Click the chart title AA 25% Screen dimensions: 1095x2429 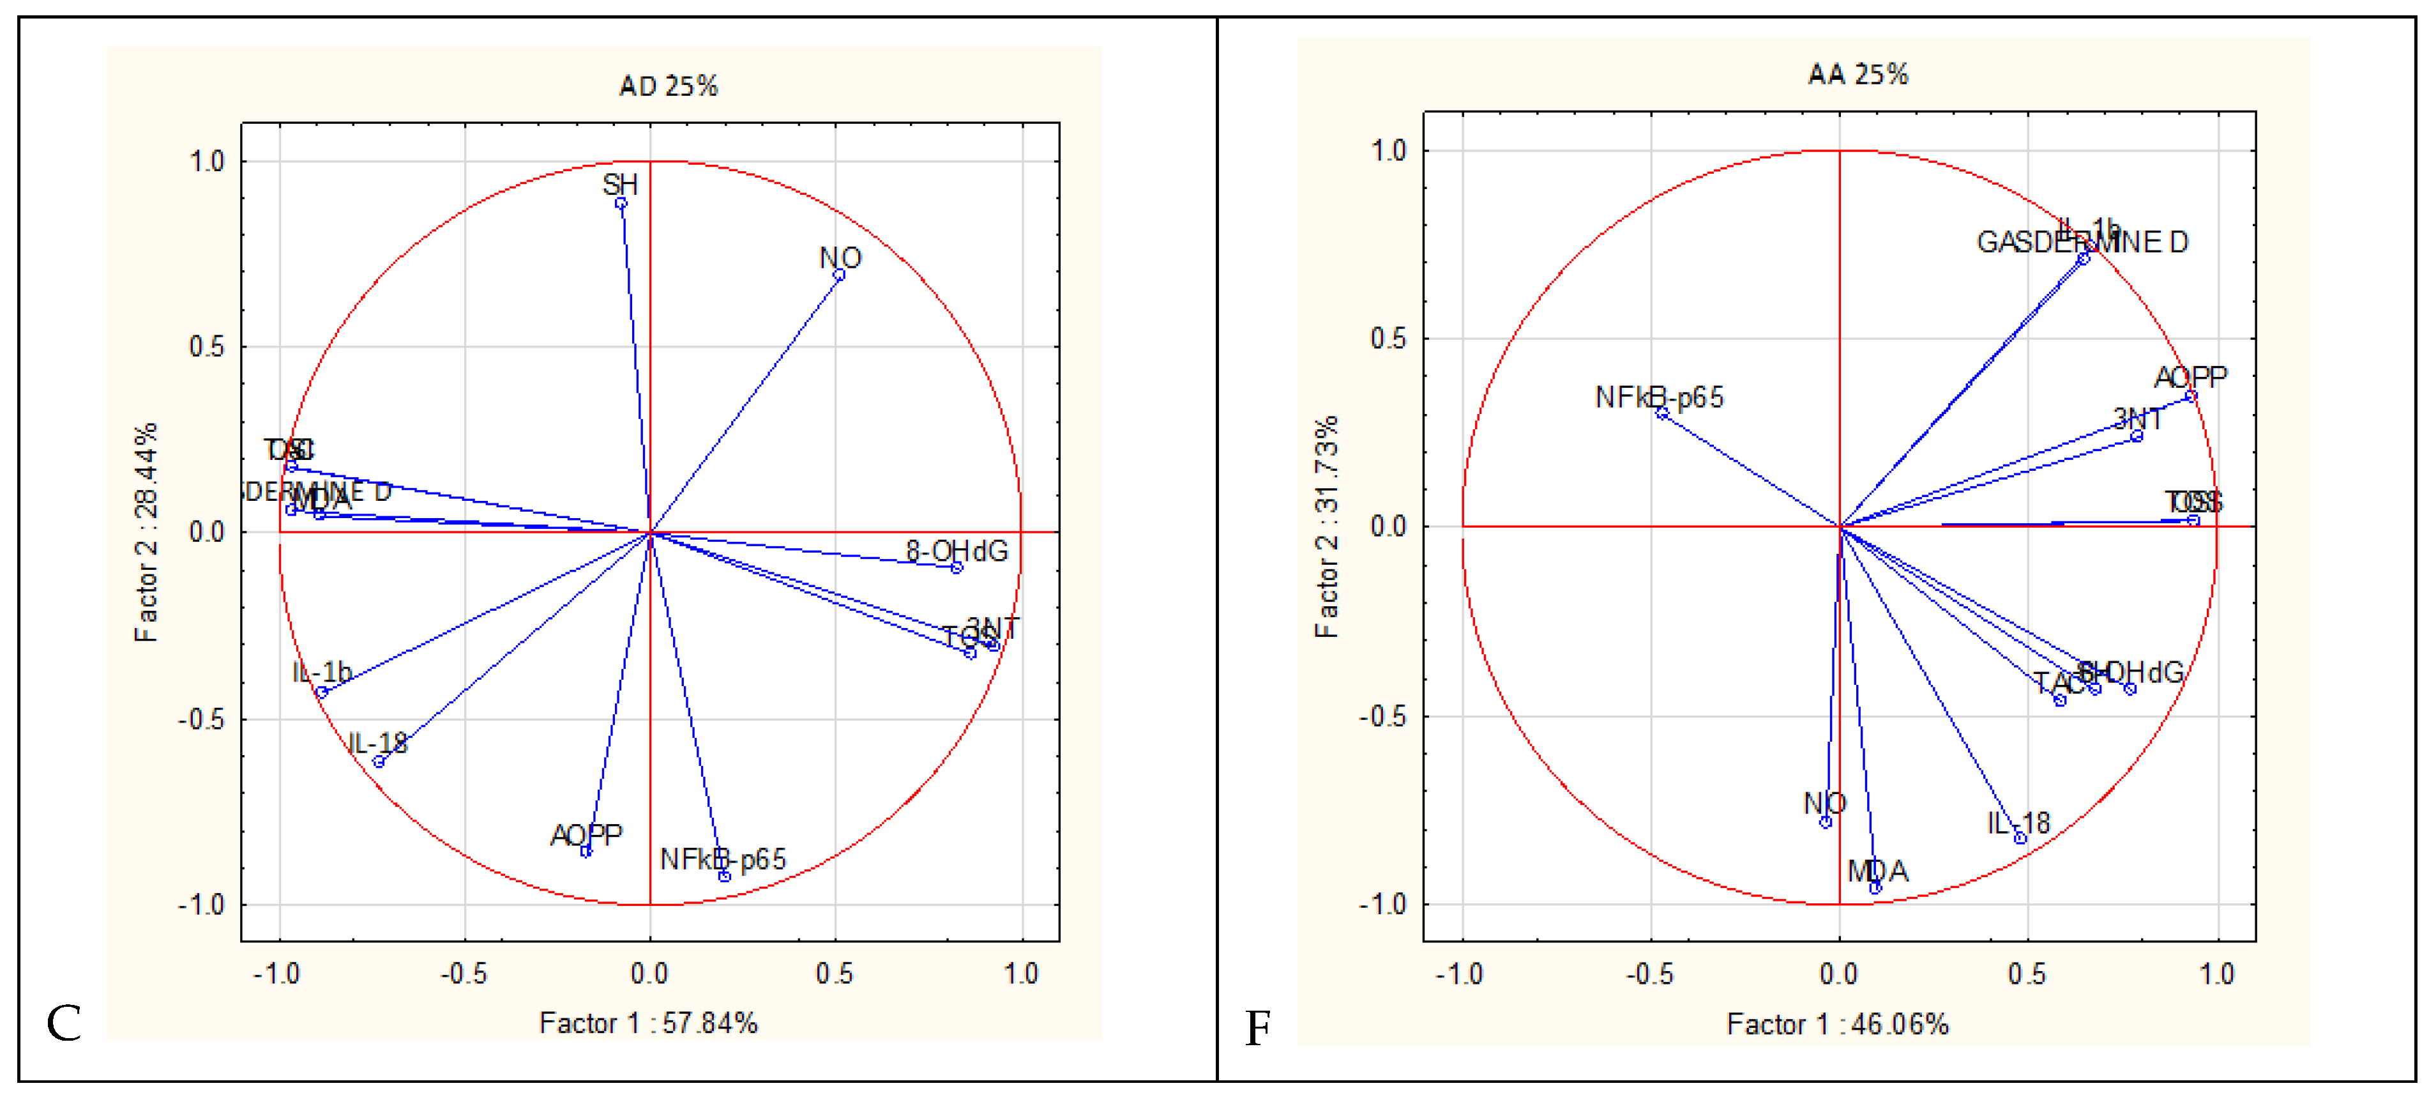click(x=1857, y=75)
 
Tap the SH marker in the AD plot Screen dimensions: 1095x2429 click(x=621, y=203)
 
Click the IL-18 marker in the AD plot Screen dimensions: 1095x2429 click(x=379, y=761)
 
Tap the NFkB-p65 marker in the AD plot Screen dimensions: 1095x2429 click(x=724, y=876)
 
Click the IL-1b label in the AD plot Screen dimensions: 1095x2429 click(x=322, y=671)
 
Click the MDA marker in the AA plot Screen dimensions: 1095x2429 click(x=1875, y=887)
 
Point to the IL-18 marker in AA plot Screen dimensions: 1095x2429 click(x=2020, y=838)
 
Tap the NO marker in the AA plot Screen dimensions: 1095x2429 click(x=1826, y=822)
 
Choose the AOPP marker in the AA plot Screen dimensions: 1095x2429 click(x=2190, y=396)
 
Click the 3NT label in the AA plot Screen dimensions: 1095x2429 click(x=2137, y=418)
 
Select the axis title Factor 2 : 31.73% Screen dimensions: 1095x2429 click(x=1326, y=526)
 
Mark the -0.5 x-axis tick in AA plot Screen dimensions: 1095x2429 click(x=1649, y=974)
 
